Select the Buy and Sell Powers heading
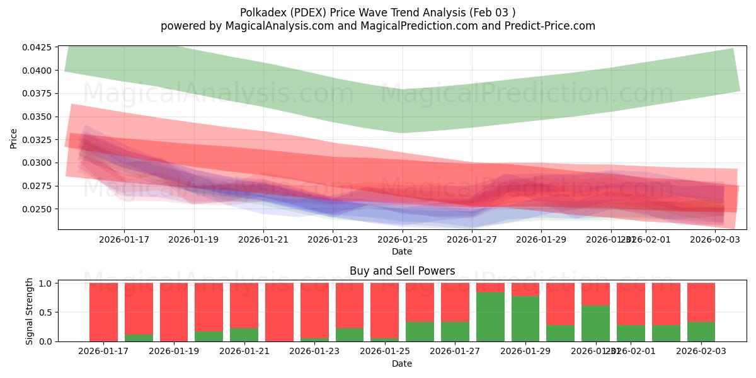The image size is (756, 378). click(402, 272)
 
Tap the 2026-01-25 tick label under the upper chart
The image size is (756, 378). click(402, 239)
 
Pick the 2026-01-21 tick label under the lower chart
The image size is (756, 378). click(244, 352)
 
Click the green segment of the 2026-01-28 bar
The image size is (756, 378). click(490, 316)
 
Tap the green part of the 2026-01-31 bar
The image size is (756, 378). click(595, 323)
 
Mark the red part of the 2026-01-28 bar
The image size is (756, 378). click(490, 287)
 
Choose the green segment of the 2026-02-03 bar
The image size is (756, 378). click(701, 331)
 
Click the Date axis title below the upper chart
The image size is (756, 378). click(402, 251)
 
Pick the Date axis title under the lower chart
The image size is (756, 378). click(402, 364)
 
